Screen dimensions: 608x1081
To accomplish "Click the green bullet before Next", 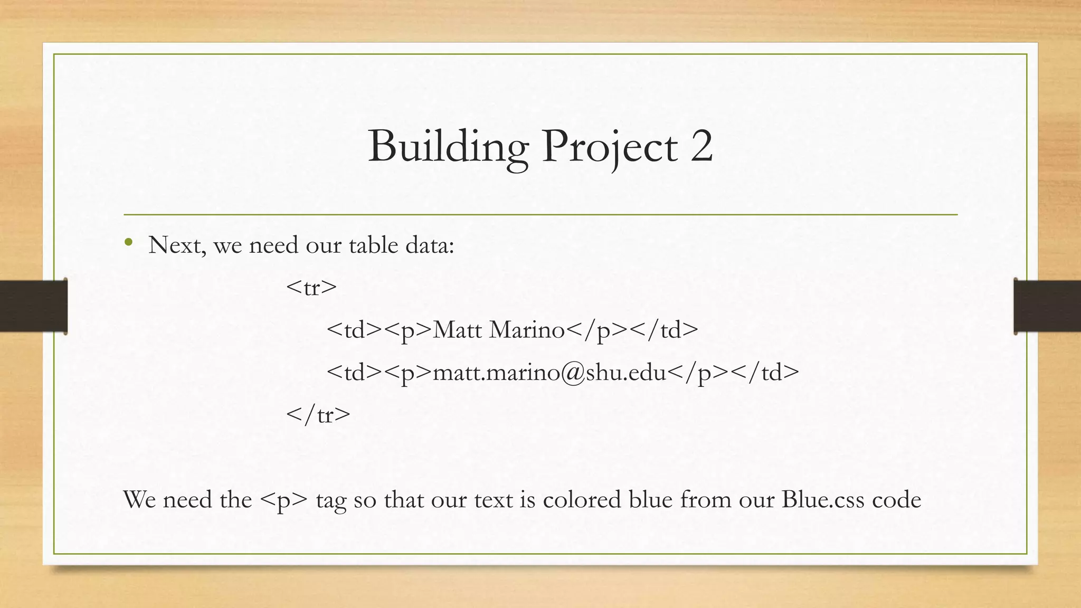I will pyautogui.click(x=128, y=243).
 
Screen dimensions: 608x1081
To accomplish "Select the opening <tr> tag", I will pyautogui.click(x=311, y=288).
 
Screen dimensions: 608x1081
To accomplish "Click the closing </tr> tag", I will pyautogui.click(x=318, y=415).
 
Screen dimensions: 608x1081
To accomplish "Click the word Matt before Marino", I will pyautogui.click(x=457, y=330).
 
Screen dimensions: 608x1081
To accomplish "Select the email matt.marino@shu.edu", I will pyautogui.click(x=549, y=373).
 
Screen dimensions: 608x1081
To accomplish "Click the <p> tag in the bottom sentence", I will pyautogui.click(x=283, y=500).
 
